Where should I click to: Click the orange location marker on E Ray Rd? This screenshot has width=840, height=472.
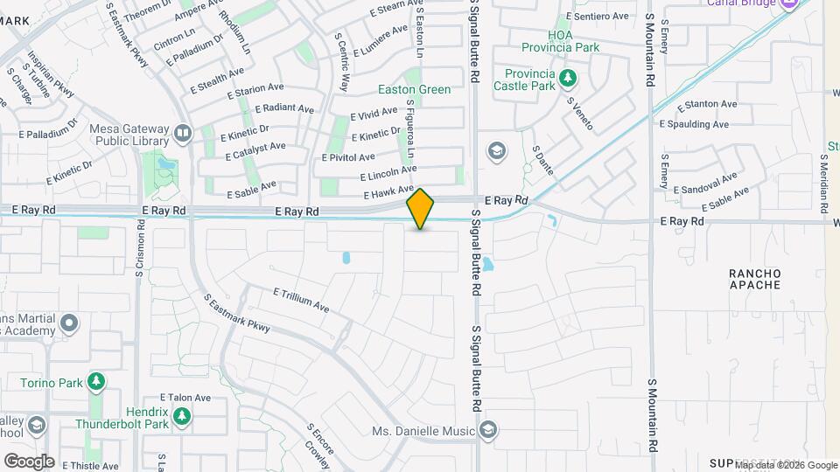pos(421,208)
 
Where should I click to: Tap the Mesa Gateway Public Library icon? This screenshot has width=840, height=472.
pos(183,133)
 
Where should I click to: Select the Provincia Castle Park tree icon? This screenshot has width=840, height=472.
pos(568,78)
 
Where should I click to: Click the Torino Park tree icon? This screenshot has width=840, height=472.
pos(95,382)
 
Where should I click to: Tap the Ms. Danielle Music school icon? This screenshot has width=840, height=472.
pos(488,430)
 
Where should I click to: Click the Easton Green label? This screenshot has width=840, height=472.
pos(414,89)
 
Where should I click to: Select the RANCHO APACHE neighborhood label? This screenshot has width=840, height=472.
pos(755,280)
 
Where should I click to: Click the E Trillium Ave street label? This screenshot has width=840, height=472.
pos(300,300)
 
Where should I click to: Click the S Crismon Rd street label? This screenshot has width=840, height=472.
pos(139,249)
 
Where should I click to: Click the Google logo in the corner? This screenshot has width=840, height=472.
pos(29,461)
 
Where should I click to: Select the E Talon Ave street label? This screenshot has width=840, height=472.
pos(185,397)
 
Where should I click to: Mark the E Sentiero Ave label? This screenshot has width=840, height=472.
pos(598,16)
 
